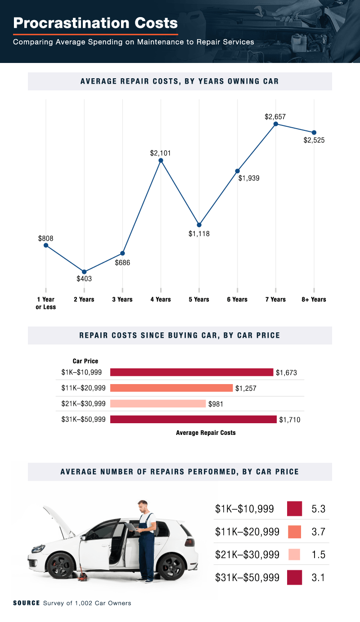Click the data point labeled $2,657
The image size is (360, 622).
coord(275,124)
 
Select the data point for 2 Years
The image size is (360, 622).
coord(84,272)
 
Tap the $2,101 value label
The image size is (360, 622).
coord(161,153)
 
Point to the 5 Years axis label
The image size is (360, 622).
coord(199,300)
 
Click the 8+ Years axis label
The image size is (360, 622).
coord(314,300)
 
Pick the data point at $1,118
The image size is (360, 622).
coord(199,225)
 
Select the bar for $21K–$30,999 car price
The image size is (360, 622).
coord(157,404)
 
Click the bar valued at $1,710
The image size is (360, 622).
coord(193,420)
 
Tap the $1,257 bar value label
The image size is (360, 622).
coord(246,388)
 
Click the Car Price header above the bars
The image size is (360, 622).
coord(85,361)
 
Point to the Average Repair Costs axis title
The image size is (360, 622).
coord(206,433)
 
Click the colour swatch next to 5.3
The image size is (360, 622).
coord(294,509)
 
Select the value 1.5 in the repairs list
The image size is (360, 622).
coord(318,555)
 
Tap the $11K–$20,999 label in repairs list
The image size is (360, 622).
coord(247,532)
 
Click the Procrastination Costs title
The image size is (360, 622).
coord(95,22)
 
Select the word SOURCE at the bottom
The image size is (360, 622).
coord(26,603)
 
